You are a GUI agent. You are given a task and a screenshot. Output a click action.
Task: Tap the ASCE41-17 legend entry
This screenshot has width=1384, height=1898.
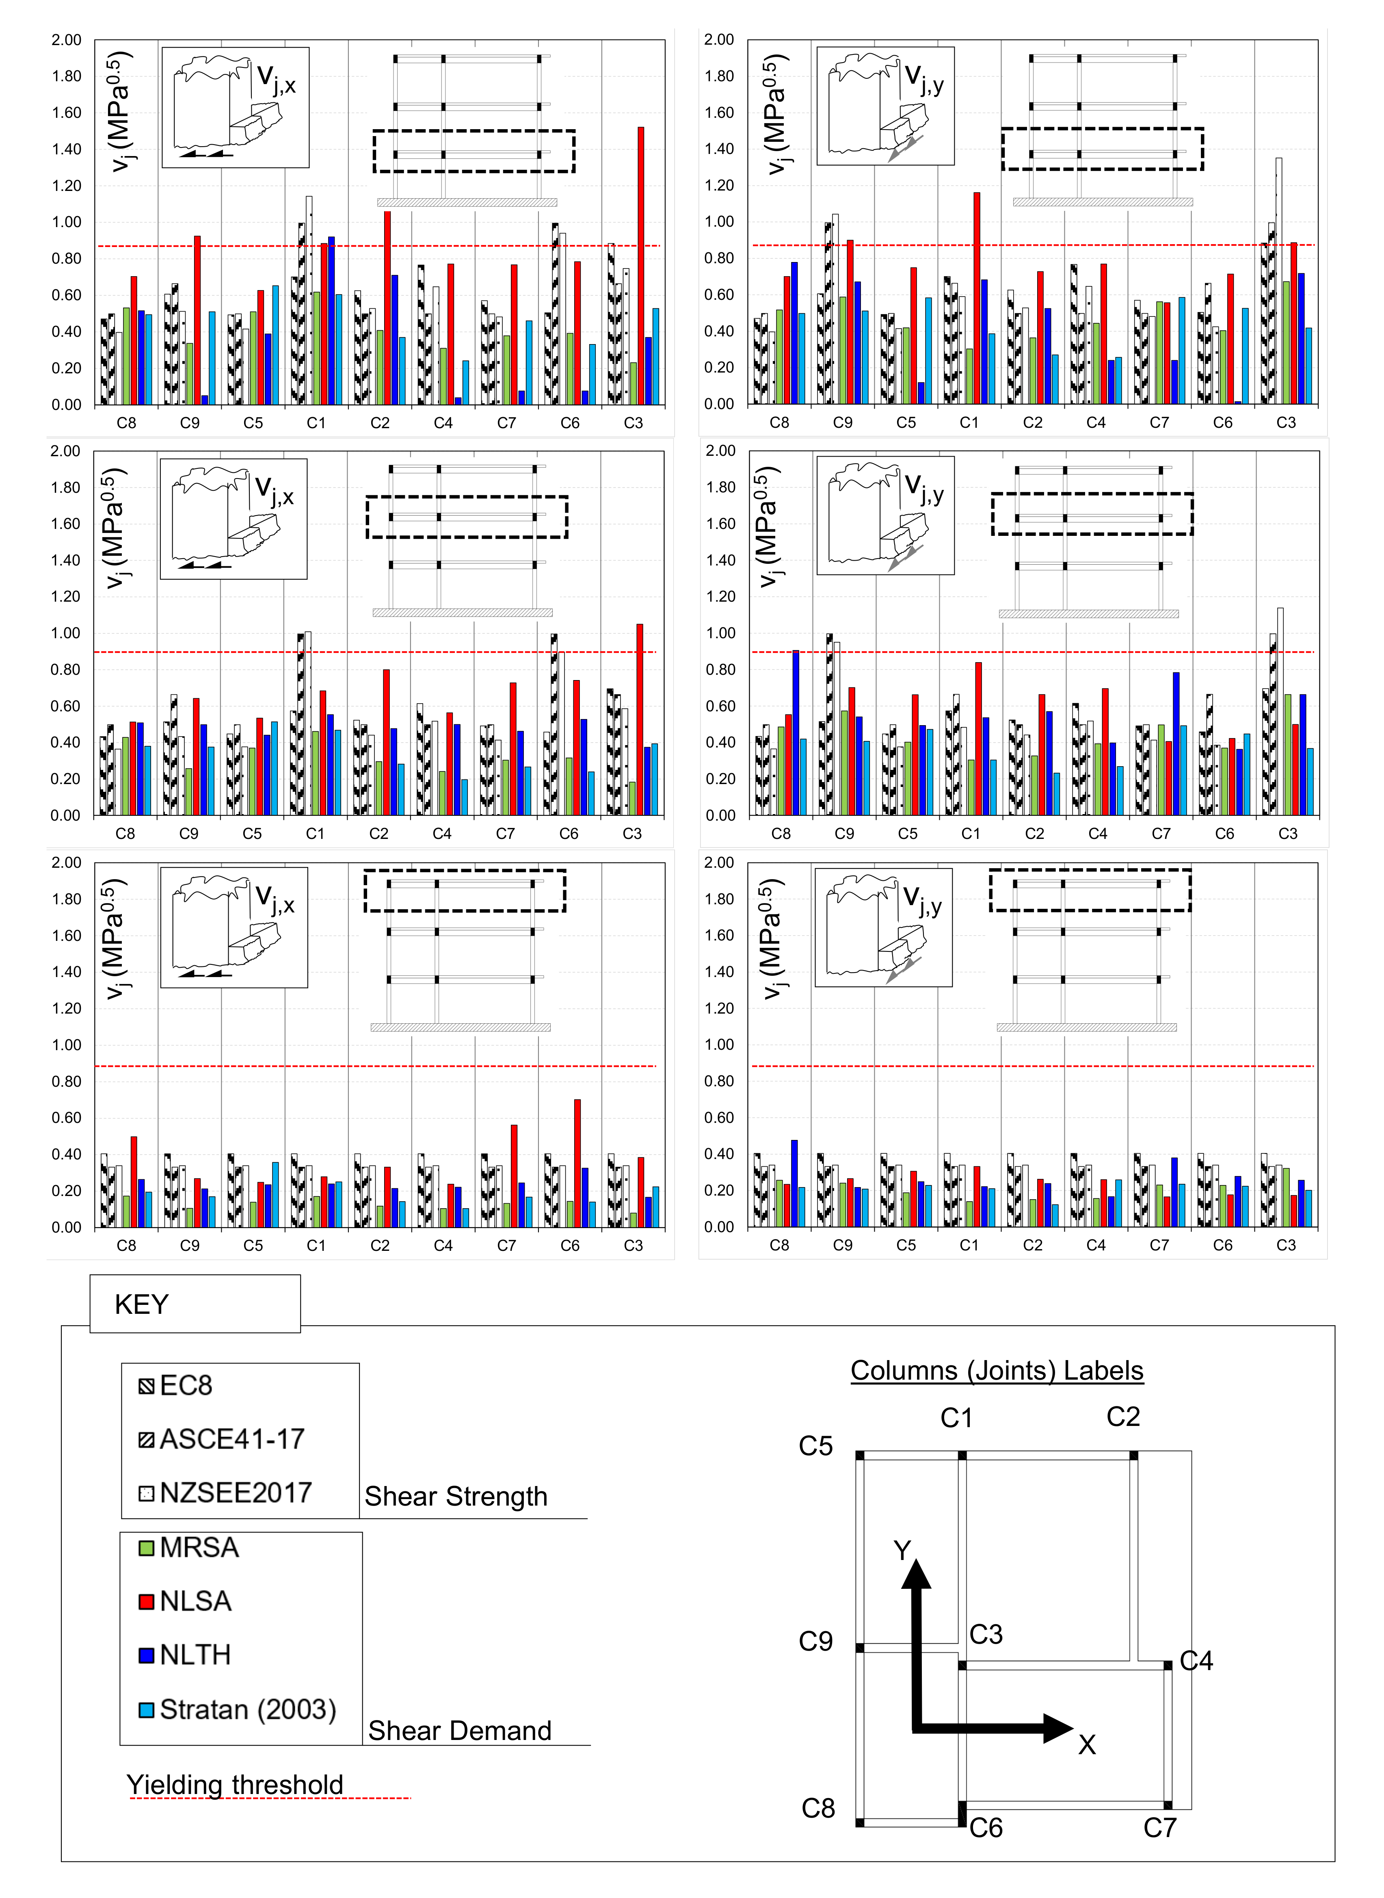(222, 1439)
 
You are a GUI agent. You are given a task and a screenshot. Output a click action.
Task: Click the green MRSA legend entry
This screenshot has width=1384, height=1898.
(189, 1547)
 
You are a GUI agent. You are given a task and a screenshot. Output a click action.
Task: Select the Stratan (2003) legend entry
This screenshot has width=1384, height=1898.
(238, 1709)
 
